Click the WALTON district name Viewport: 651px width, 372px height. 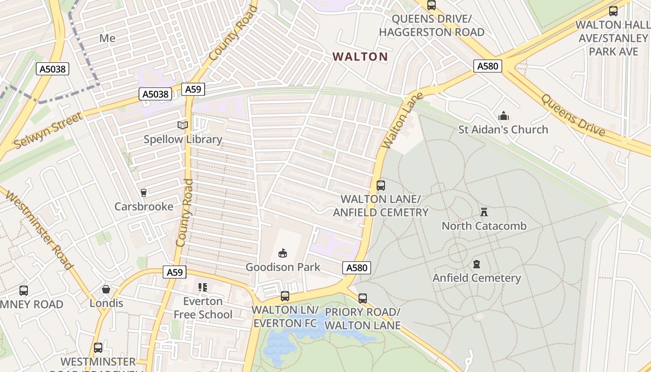point(360,57)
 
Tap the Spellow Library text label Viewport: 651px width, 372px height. point(183,139)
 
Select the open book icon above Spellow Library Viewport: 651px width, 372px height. point(183,125)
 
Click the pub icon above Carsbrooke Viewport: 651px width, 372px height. point(143,193)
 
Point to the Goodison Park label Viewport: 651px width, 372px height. point(283,267)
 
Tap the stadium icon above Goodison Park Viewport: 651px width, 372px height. point(282,253)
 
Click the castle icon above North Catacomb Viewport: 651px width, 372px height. point(484,213)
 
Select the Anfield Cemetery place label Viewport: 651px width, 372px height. point(477,278)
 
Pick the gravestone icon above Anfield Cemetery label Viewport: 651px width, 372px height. point(476,264)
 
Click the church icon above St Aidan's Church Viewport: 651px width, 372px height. point(503,116)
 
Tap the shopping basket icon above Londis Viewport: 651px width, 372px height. point(106,290)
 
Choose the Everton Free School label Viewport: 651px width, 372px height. point(203,308)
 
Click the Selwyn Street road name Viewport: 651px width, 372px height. point(49,130)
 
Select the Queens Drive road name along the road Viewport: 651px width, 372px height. point(573,115)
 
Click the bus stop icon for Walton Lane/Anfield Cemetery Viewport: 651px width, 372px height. point(381,186)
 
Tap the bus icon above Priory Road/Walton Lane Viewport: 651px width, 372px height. point(363,298)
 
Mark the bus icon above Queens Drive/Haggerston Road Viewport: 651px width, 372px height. point(432,5)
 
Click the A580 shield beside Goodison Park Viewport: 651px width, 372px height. point(357,268)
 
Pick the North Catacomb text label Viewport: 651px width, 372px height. point(484,226)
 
